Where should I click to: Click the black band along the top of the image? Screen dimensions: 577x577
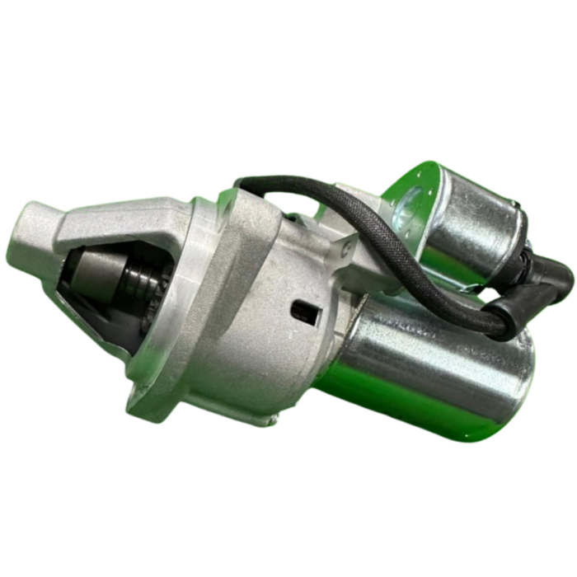[288, 23]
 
